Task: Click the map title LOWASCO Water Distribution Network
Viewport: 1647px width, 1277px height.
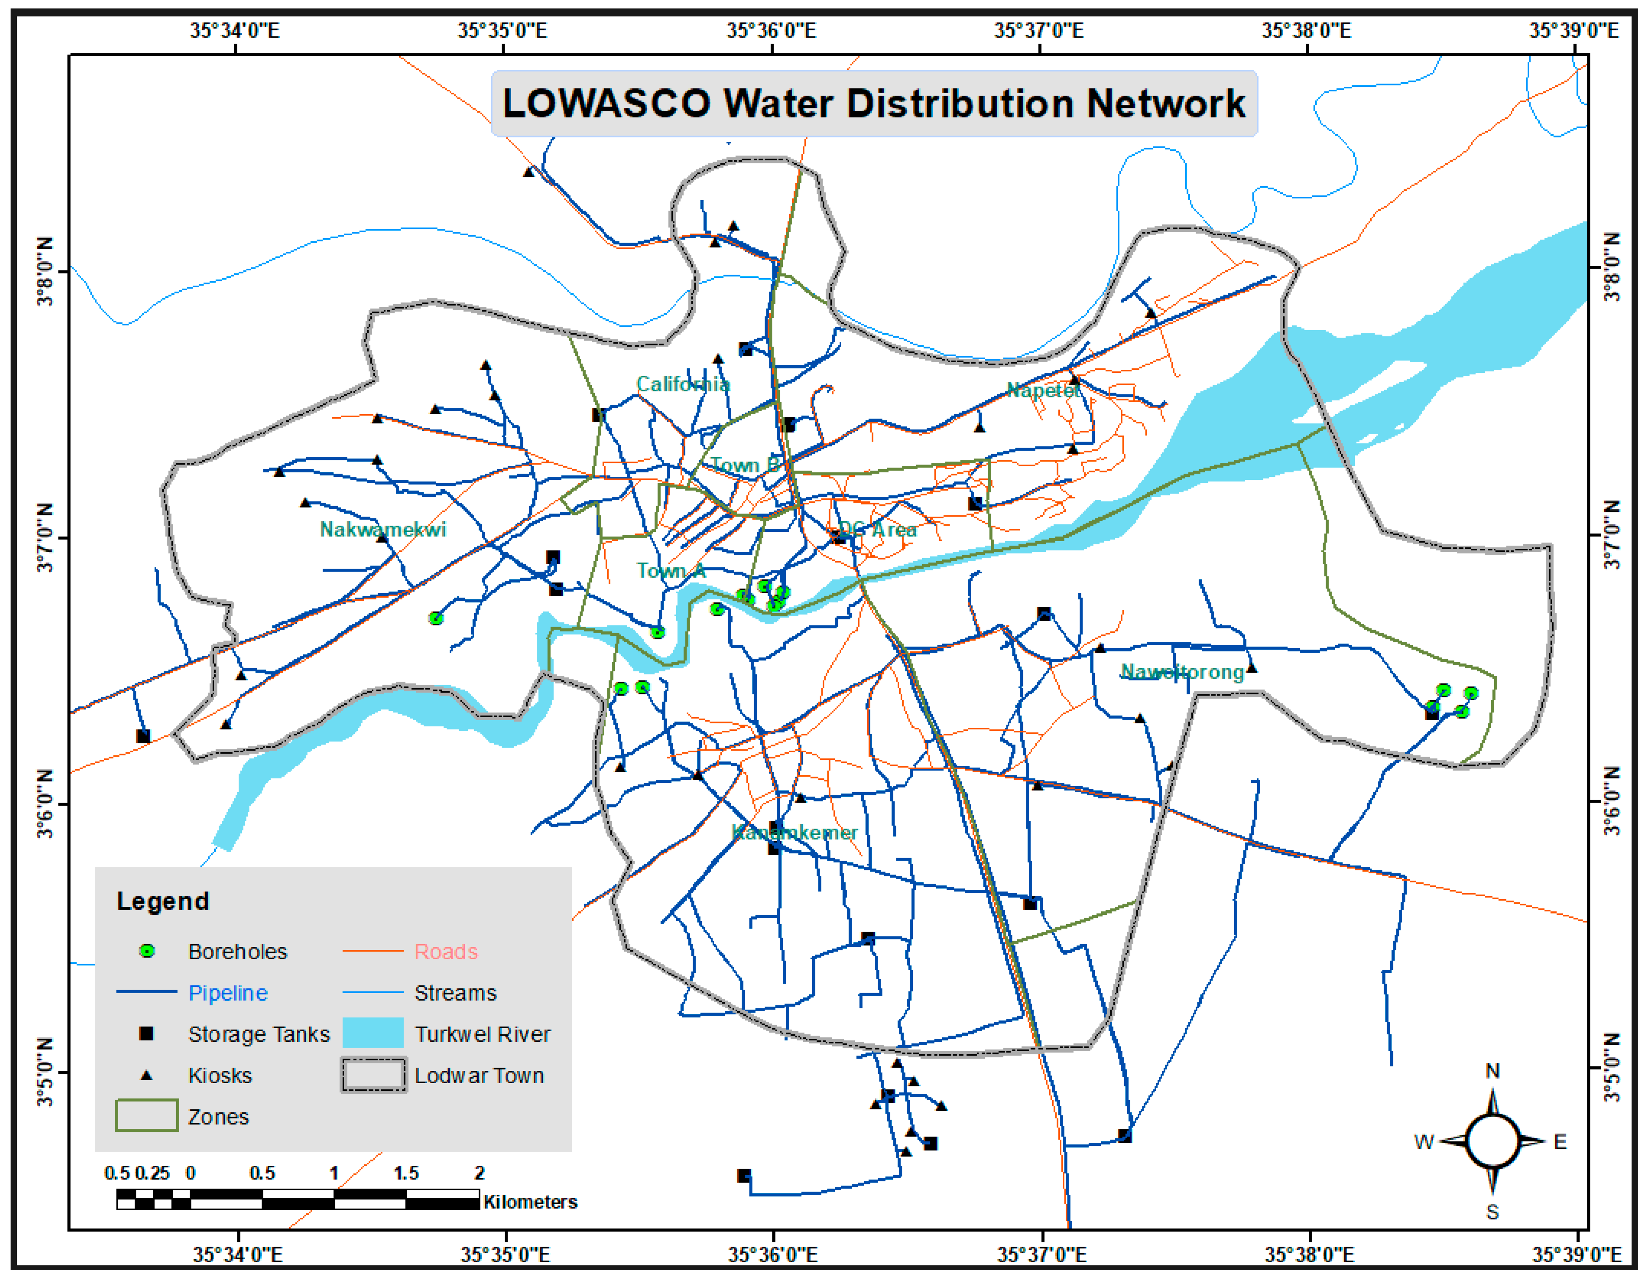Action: click(x=873, y=103)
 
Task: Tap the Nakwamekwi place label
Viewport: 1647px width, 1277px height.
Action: click(x=383, y=529)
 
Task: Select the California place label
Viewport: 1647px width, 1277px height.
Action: click(x=683, y=385)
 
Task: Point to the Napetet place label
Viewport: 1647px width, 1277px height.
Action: click(x=1043, y=391)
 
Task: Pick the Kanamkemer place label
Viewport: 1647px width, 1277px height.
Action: click(x=794, y=832)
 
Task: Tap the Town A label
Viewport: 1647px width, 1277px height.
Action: click(x=670, y=571)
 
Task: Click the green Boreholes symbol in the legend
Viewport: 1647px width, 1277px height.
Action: click(x=147, y=951)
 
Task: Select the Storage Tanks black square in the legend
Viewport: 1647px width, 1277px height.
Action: click(x=146, y=1034)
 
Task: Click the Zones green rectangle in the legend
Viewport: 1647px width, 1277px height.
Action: click(x=146, y=1116)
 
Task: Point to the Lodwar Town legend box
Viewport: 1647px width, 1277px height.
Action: click(x=373, y=1075)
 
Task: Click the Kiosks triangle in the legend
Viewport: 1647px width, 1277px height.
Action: click(x=146, y=1075)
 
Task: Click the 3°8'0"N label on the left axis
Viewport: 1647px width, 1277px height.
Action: click(x=45, y=271)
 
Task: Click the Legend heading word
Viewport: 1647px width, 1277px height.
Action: click(x=163, y=902)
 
